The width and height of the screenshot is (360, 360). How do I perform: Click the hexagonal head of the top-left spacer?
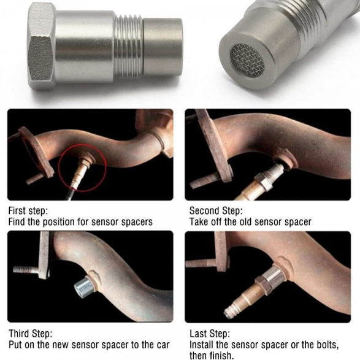pos(41,46)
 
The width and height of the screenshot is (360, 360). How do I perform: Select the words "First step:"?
pos(28,210)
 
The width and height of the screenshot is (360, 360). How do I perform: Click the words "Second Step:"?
pos(216,210)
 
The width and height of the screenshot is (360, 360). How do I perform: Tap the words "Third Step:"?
pos(30,334)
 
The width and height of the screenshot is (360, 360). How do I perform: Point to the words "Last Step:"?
pos(209,334)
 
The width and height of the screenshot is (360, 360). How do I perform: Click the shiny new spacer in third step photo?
pos(84,286)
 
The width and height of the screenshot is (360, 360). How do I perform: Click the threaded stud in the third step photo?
pos(26,270)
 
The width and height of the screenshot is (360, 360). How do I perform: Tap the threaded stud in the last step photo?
pos(200,263)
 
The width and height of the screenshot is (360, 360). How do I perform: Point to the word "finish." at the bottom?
pos(221,356)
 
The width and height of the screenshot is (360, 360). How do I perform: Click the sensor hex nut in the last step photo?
pos(264,285)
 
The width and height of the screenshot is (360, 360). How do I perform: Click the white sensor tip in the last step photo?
pos(229,312)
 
